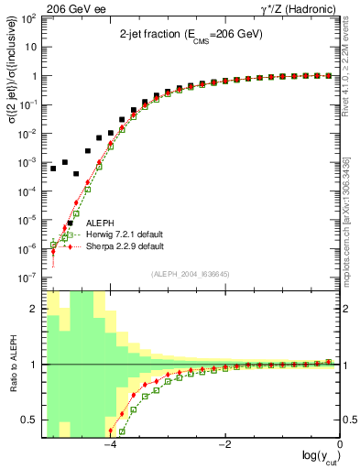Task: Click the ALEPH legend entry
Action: tap(102, 223)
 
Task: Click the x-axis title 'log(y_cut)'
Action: tap(317, 459)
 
